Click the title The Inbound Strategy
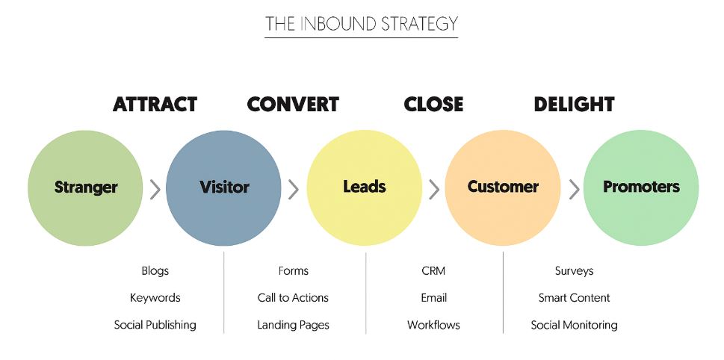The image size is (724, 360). [x=362, y=24]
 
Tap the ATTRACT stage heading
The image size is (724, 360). [x=155, y=105]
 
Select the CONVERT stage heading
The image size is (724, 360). [x=293, y=105]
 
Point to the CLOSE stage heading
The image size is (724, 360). [x=433, y=105]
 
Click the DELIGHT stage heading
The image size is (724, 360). [x=574, y=105]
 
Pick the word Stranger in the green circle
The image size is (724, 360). [x=86, y=187]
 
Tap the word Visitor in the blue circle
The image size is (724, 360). [x=224, y=187]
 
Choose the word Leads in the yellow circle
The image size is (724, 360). [x=364, y=187]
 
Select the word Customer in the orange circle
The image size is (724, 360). [x=503, y=187]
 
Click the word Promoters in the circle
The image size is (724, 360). [x=641, y=187]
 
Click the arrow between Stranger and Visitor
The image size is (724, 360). [x=155, y=189]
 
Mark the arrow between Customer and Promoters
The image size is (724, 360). [x=574, y=189]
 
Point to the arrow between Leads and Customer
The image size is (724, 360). [x=434, y=189]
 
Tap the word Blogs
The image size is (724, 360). [x=155, y=271]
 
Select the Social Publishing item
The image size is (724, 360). [x=155, y=325]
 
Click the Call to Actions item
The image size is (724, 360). [x=293, y=298]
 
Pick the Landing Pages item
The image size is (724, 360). [x=293, y=325]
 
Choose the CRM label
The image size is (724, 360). [x=433, y=271]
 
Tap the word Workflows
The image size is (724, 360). [x=433, y=325]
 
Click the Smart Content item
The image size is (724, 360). [x=574, y=298]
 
